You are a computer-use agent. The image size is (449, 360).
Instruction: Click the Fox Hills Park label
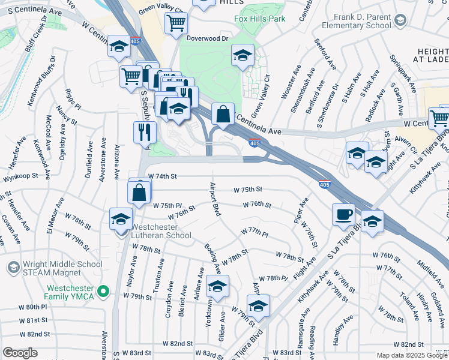[259, 18]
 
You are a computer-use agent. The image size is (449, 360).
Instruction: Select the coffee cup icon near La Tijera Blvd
[344, 214]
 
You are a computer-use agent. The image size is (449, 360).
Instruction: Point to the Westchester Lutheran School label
[161, 232]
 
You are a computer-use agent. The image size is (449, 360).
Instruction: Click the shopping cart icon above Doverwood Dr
[177, 23]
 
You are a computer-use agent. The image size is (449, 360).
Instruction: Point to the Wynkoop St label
[20, 178]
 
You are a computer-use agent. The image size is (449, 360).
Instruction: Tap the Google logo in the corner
[20, 353]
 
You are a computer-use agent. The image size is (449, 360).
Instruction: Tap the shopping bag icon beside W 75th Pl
[139, 192]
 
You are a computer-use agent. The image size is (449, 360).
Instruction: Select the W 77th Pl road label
[253, 231]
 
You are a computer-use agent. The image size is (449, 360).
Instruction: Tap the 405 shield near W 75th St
[324, 185]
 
